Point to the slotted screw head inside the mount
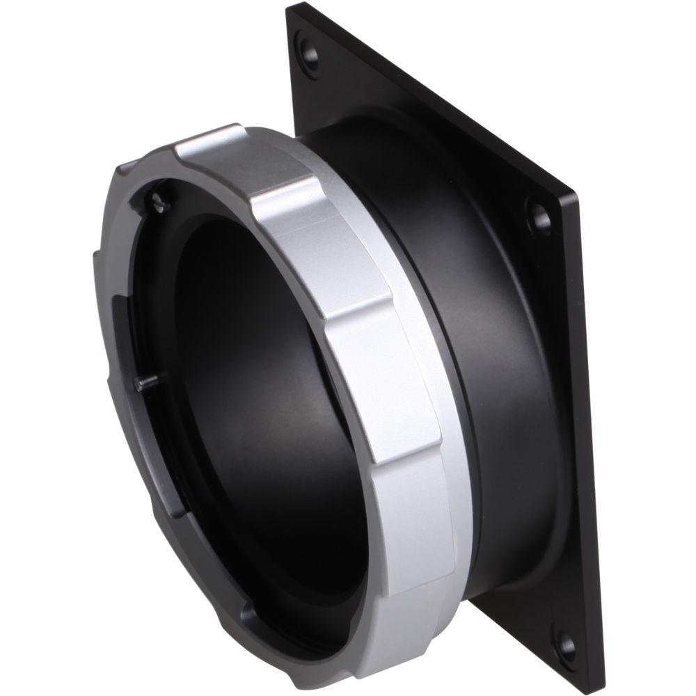(x=159, y=201)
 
